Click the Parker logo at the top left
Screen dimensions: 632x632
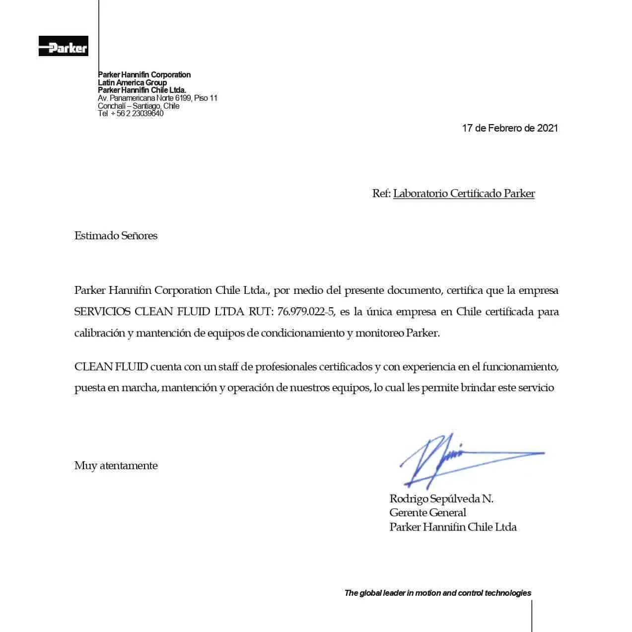tap(64, 46)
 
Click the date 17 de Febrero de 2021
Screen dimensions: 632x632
tap(510, 128)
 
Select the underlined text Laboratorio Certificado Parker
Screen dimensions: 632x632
tap(464, 194)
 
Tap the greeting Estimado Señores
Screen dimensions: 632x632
tap(116, 236)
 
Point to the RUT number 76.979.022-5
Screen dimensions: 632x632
tap(306, 312)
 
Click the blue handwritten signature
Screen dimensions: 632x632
tap(447, 458)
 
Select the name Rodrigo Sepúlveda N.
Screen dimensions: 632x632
tap(441, 498)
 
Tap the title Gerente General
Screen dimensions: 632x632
tap(427, 513)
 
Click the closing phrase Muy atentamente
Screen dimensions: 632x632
tap(116, 466)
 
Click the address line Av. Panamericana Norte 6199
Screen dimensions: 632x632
tap(157, 98)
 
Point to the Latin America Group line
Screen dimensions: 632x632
tap(132, 82)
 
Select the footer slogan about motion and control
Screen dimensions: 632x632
tap(437, 593)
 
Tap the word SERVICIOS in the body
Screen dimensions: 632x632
tap(102, 312)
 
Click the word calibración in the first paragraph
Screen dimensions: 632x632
tap(99, 333)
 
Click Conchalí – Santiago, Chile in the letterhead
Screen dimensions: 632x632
tap(139, 106)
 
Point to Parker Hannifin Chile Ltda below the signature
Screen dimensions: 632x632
tap(453, 527)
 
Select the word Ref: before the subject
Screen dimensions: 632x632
tap(381, 194)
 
